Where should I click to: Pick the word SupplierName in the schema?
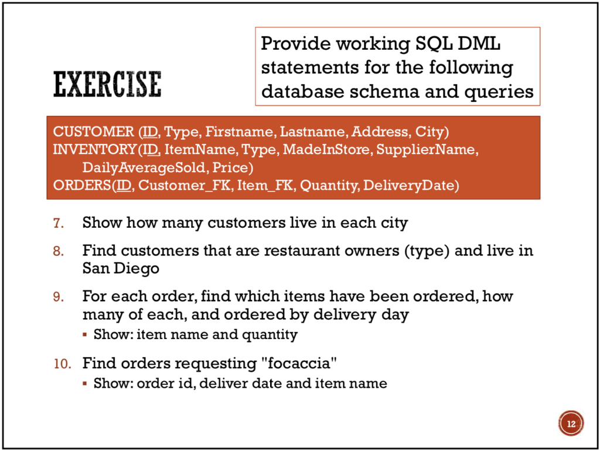[x=427, y=149]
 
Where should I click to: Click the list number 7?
[x=57, y=223]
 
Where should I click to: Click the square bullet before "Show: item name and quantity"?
[x=86, y=336]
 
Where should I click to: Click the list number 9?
[x=57, y=296]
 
